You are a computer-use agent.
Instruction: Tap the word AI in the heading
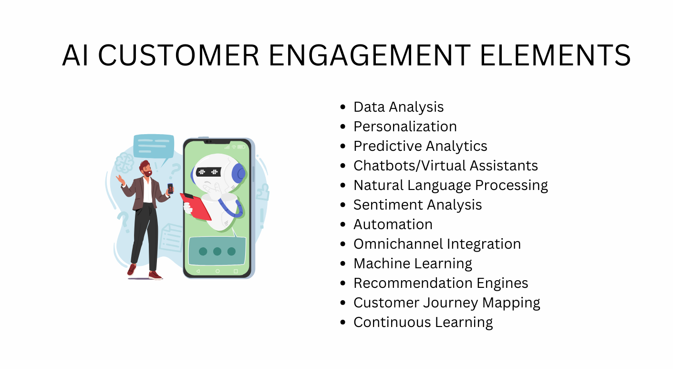[x=75, y=55]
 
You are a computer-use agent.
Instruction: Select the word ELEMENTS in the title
[x=555, y=55]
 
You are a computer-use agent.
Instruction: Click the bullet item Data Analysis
[x=398, y=107]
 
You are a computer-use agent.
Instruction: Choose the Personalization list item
[x=405, y=127]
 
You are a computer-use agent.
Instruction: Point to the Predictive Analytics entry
[x=420, y=146]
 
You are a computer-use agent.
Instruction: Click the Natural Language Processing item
[x=450, y=185]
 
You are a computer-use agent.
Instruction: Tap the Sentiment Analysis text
[x=417, y=205]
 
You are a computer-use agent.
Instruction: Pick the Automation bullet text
[x=393, y=224]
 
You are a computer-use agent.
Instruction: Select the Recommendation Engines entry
[x=441, y=283]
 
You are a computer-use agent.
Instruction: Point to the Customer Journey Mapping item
[x=446, y=303]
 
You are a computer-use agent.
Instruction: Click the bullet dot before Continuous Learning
[x=342, y=323]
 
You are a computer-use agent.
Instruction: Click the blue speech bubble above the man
[x=153, y=146]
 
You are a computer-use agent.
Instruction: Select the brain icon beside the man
[x=123, y=162]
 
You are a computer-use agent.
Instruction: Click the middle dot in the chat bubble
[x=217, y=251]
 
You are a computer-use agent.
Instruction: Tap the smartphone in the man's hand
[x=170, y=188]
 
